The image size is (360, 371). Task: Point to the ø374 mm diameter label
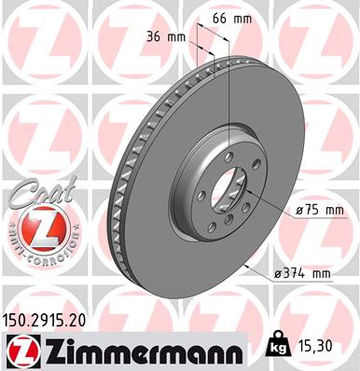pos(302,272)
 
